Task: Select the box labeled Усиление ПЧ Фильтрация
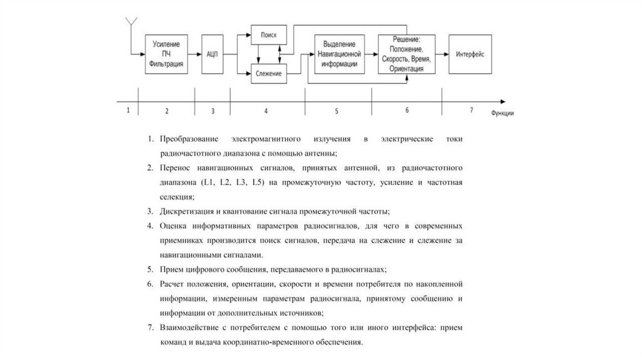[x=167, y=54]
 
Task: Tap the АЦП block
[x=212, y=54]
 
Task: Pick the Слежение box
[x=269, y=74]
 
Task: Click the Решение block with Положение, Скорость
[x=406, y=54]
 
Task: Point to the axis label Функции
[x=503, y=114]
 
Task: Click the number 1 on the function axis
[x=128, y=110]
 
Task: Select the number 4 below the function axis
[x=266, y=111]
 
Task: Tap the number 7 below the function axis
[x=471, y=110]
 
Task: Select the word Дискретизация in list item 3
[x=185, y=211]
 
